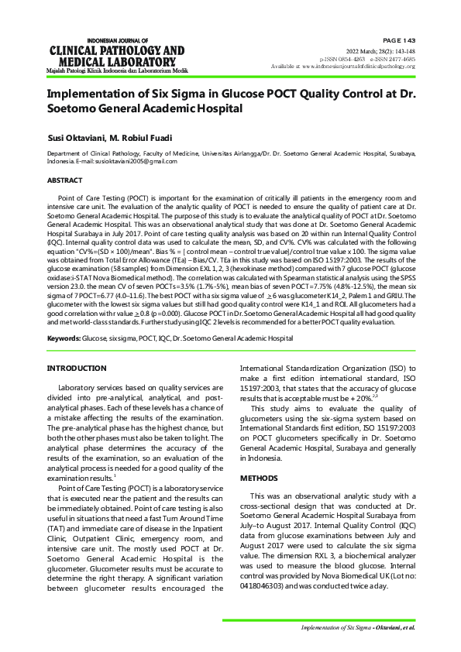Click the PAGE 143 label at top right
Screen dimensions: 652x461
[399, 39]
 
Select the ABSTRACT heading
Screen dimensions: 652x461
[64, 180]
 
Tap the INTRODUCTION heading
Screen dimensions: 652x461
[77, 368]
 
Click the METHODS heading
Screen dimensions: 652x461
[260, 479]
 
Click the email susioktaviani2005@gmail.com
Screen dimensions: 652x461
[127, 161]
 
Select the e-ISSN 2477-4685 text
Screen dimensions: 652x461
[392, 59]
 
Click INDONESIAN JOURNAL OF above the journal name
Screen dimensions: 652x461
[116, 39]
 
